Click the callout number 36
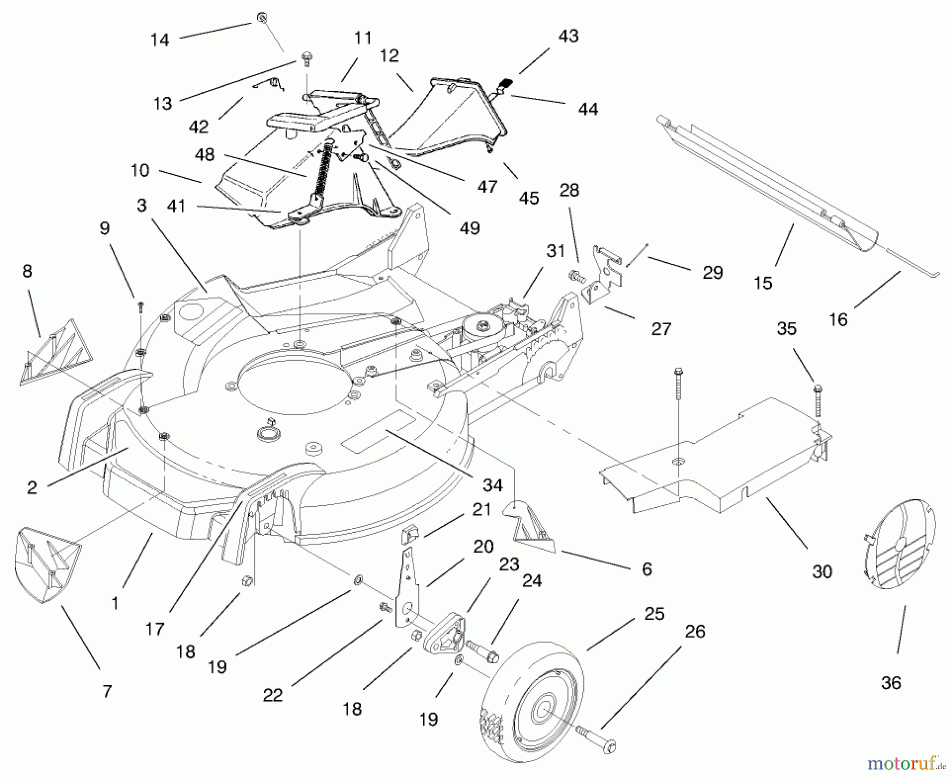coord(891,683)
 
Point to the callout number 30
coord(822,571)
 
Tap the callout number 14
coord(160,40)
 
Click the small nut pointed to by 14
coord(262,18)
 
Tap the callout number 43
coord(569,35)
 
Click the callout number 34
coord(492,485)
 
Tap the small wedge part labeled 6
coord(532,526)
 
